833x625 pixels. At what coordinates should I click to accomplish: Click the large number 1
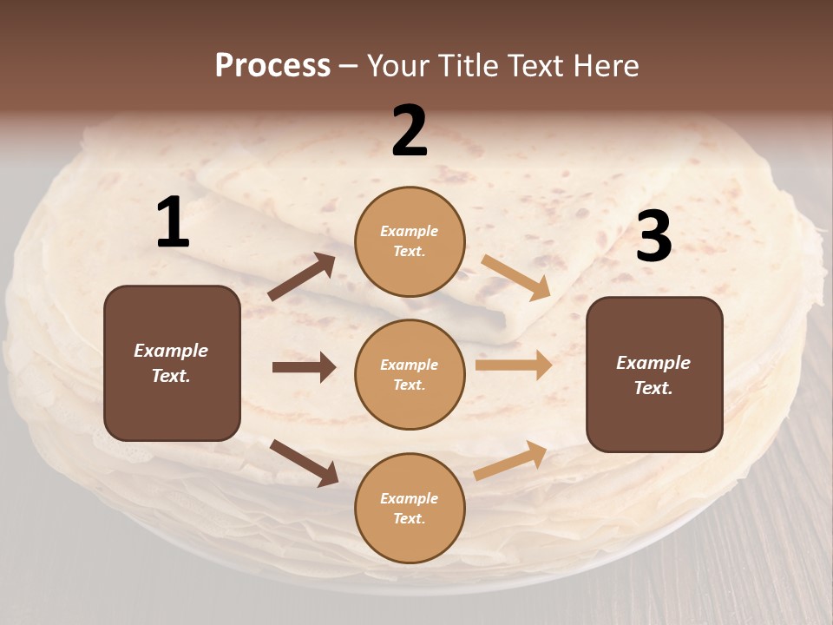pyautogui.click(x=173, y=223)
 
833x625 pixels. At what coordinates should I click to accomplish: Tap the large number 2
pyautogui.click(x=410, y=131)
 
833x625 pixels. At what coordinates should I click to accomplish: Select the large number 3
pyautogui.click(x=653, y=237)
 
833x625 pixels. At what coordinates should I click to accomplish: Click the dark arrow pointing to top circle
pyautogui.click(x=302, y=277)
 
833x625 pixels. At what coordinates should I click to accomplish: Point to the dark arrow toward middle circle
pyautogui.click(x=304, y=367)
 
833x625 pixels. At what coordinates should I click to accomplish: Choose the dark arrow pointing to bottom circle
pyautogui.click(x=304, y=463)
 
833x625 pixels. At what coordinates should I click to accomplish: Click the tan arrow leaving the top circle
pyautogui.click(x=516, y=277)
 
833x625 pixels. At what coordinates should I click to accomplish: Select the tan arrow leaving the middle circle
pyautogui.click(x=514, y=365)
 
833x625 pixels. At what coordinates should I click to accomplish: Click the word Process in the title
pyautogui.click(x=272, y=65)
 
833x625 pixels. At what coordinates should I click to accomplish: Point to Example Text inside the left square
pyautogui.click(x=171, y=363)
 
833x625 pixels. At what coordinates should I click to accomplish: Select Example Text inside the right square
pyautogui.click(x=653, y=375)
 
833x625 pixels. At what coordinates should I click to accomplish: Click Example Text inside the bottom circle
pyautogui.click(x=409, y=508)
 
